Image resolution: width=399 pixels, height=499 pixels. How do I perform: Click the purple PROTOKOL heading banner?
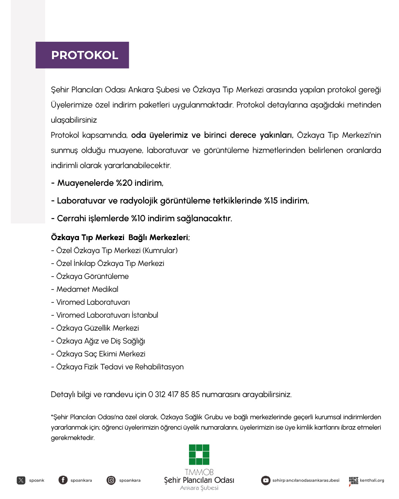click(82, 55)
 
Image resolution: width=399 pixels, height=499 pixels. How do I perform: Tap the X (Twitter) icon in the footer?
click(21, 480)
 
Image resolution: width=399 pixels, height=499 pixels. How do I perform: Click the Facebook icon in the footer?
click(63, 480)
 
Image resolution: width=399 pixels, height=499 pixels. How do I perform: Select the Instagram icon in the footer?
click(111, 480)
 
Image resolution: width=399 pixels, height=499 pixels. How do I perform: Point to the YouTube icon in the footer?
click(266, 480)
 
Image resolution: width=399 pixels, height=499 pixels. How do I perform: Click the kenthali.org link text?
click(372, 481)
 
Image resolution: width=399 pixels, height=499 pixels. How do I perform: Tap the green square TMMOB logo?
click(199, 454)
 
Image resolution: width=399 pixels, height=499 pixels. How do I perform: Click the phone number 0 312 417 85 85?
click(174, 394)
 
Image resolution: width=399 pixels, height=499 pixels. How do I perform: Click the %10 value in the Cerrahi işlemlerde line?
click(138, 219)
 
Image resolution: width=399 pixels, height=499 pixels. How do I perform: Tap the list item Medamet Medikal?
click(87, 289)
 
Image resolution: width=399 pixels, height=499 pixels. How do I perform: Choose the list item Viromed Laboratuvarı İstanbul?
click(107, 315)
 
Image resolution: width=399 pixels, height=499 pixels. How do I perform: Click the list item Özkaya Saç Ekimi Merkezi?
click(100, 354)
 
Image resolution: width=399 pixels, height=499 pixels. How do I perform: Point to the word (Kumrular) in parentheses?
click(160, 250)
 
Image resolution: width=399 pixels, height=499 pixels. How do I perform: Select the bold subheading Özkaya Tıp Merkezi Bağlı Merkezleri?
click(120, 237)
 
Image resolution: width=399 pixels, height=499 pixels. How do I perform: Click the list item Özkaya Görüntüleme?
click(92, 276)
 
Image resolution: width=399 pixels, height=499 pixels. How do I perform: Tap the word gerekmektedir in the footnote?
click(73, 438)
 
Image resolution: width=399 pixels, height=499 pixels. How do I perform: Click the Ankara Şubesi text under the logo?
click(199, 488)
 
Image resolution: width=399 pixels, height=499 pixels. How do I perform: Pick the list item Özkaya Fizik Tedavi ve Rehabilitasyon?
click(120, 367)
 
